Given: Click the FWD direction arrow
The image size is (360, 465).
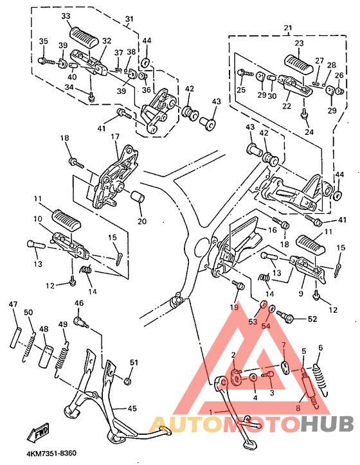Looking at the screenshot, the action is coord(39,431).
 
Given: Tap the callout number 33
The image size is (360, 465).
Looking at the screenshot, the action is coord(66,16).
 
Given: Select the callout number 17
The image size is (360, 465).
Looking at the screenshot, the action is coord(115,137).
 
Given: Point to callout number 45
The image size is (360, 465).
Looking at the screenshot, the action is coord(132,408).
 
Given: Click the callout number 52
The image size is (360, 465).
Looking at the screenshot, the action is coord(312,319).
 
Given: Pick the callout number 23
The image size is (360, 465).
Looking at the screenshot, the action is coord(299,43).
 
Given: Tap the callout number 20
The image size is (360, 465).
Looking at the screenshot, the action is coord(142,221).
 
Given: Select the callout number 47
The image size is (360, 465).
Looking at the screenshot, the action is coord(14,304).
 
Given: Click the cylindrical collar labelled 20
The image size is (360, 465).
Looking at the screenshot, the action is coord(138,198).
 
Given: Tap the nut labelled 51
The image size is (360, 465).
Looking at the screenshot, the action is coord(127,380).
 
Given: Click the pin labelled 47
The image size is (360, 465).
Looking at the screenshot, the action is coord(15,337).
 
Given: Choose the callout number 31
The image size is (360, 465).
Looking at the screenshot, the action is coord(129,19).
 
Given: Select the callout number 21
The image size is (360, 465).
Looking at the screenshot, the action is coord(287,28).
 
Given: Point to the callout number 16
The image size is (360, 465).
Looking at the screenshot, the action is coord(272,230).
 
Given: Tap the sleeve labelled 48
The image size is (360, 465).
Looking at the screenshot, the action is coord(46,356).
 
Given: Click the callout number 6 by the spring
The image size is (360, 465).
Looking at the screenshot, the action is coord(320,347).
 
